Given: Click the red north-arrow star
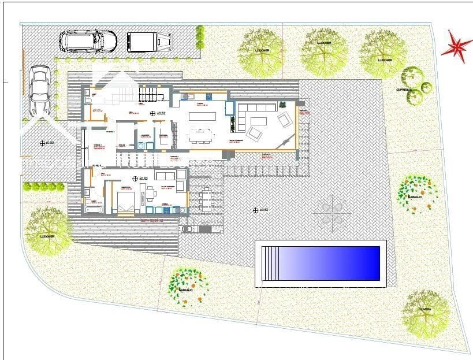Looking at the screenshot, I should coord(457,47).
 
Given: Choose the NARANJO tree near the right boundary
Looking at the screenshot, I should coord(417,191).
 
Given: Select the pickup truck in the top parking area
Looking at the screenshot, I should coord(149,41).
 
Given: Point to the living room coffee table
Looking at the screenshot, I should coord(259,121).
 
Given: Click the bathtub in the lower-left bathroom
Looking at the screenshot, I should coord(94,210).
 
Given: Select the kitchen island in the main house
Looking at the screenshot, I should coord(202,116).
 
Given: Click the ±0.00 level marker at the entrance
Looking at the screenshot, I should coord(42,143).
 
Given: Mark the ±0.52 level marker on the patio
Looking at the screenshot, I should coord(256,210).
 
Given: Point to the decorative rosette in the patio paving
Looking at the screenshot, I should coord(332,211).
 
